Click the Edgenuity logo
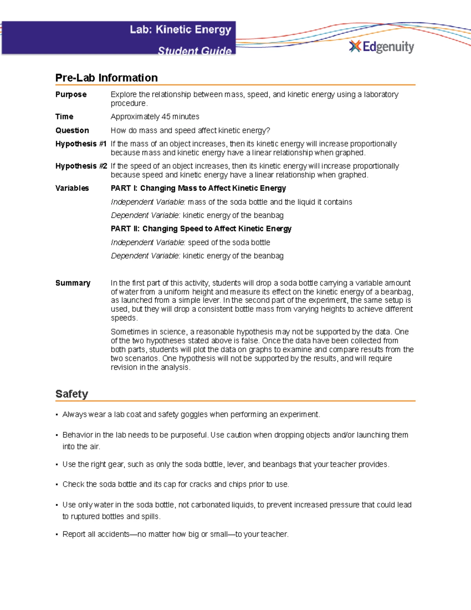(382, 47)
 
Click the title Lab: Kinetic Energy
(181, 30)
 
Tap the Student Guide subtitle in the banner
(194, 51)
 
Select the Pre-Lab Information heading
(106, 78)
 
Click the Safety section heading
(71, 394)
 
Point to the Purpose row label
(71, 95)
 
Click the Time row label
(64, 117)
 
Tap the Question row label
(72, 130)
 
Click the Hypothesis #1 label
(81, 144)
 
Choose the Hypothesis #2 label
(81, 166)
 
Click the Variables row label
(72, 188)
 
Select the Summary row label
(73, 283)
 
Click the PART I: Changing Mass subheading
(198, 188)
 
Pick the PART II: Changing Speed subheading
(201, 229)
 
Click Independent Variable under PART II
(148, 242)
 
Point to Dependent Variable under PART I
(145, 215)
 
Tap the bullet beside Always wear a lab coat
(57, 415)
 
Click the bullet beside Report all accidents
(57, 535)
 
